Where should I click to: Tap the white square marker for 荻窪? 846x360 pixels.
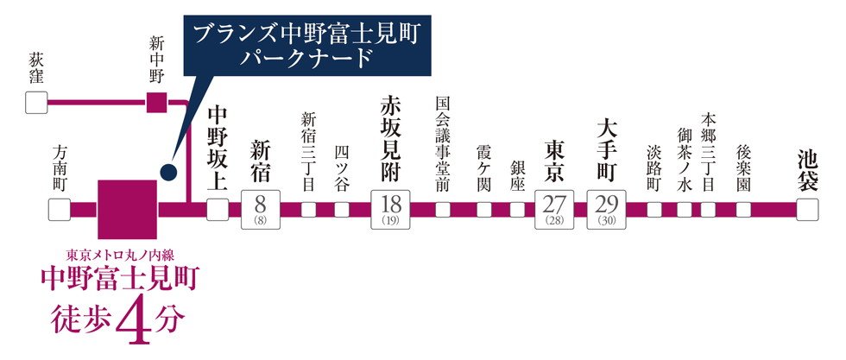pos(36,103)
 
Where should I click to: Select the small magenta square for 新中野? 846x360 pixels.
pos(156,103)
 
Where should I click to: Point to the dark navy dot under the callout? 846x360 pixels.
pos(168,172)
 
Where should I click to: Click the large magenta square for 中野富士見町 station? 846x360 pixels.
pos(128,210)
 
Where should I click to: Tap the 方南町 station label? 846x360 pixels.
pos(60,169)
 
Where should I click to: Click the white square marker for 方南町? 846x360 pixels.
pos(60,210)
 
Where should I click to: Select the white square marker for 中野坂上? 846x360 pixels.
pos(218,210)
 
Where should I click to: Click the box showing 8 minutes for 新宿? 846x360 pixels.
pos(261,210)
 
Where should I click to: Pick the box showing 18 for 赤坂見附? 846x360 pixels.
pos(390,210)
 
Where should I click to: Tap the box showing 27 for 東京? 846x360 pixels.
pos(554,210)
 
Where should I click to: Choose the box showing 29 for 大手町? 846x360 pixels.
pos(607,210)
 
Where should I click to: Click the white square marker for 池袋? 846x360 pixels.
pos(807,210)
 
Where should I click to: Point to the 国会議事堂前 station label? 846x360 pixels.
pos(442,144)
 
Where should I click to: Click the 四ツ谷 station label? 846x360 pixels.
pos(342,167)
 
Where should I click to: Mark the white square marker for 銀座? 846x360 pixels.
pos(517,210)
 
